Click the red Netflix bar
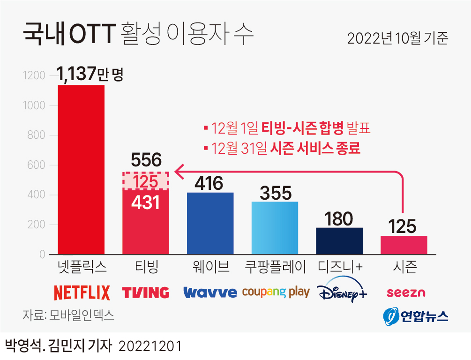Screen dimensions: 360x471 [x=81, y=170]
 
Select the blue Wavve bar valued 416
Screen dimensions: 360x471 [x=210, y=223]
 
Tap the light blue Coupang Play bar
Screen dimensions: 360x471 [x=275, y=228]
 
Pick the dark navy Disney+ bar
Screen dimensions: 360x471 [x=339, y=240]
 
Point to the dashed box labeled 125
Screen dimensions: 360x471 [x=146, y=181]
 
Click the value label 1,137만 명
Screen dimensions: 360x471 [x=90, y=74]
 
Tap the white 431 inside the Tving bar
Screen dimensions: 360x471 [x=146, y=202]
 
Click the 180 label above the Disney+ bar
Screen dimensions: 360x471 [x=339, y=218]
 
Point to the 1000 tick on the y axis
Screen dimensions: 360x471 [x=34, y=106]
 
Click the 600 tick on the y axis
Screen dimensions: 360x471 [x=36, y=165]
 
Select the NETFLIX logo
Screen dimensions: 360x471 [x=82, y=292]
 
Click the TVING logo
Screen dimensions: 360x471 [x=146, y=292]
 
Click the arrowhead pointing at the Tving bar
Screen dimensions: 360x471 [x=177, y=172]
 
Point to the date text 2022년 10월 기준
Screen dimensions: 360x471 [x=397, y=38]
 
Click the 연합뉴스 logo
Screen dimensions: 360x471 [x=415, y=316]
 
